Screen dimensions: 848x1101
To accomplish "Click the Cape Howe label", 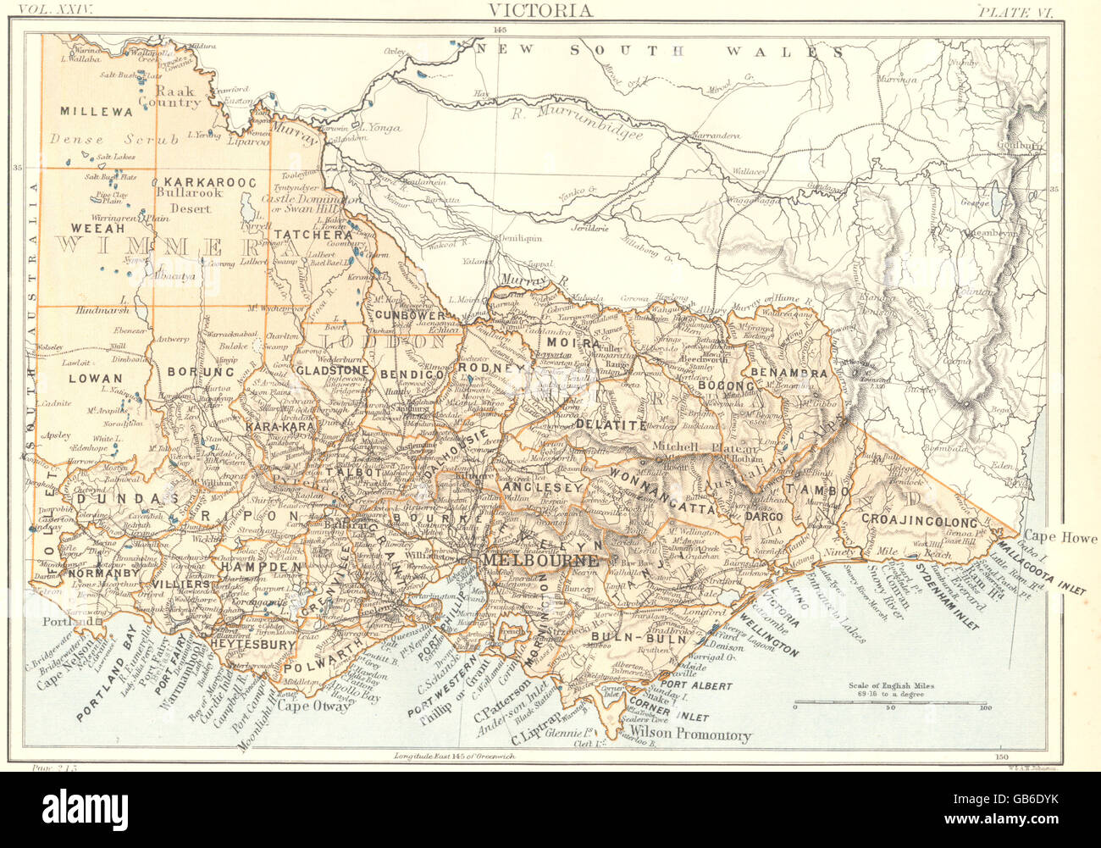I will coord(1060,538).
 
